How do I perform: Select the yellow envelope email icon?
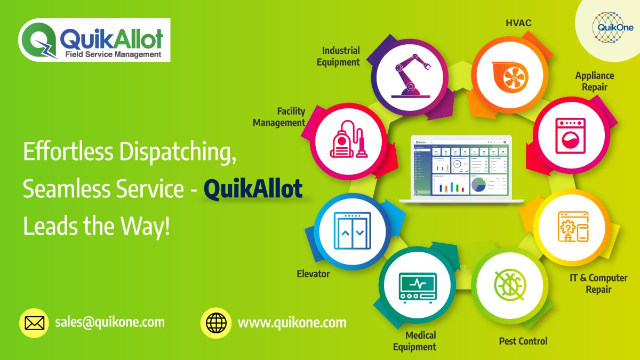[35, 323]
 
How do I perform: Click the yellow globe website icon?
[215, 323]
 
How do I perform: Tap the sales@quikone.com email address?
[109, 323]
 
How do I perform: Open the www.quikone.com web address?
[292, 323]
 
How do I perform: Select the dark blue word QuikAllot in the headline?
[253, 190]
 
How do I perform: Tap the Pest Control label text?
[523, 341]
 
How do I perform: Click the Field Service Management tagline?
[113, 54]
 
